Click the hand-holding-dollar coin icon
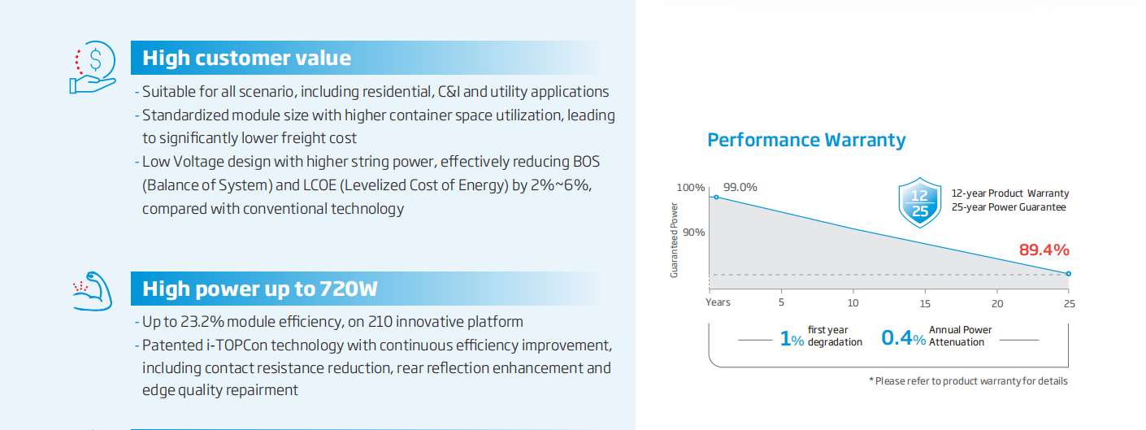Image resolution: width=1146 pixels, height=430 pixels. click(x=93, y=67)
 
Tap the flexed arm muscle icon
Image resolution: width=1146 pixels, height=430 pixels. click(x=93, y=291)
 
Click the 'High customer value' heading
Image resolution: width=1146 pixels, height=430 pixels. click(x=246, y=58)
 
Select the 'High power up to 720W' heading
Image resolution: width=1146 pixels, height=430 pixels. click(x=260, y=289)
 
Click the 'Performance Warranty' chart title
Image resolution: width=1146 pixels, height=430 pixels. click(x=806, y=140)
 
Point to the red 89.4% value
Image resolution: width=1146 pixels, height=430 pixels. click(x=1044, y=250)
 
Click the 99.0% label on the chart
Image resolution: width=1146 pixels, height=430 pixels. click(x=740, y=187)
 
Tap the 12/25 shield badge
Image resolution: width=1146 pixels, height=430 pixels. click(x=920, y=202)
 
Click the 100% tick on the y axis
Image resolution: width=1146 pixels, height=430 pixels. click(x=691, y=188)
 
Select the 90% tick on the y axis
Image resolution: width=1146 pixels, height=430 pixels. click(x=694, y=232)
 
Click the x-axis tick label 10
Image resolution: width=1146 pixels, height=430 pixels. click(x=853, y=303)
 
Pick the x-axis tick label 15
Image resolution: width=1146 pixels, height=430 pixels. click(x=925, y=303)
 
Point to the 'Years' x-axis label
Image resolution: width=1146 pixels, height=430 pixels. click(x=718, y=302)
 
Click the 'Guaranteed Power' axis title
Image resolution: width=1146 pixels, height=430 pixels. click(x=674, y=240)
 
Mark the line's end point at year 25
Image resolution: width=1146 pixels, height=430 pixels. click(x=1068, y=274)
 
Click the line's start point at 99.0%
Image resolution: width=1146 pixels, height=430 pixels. click(x=716, y=197)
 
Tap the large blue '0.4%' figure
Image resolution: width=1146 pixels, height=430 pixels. click(x=903, y=338)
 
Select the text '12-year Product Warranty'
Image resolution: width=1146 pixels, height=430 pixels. click(x=1010, y=193)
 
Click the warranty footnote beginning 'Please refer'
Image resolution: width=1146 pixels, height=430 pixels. click(x=969, y=381)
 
